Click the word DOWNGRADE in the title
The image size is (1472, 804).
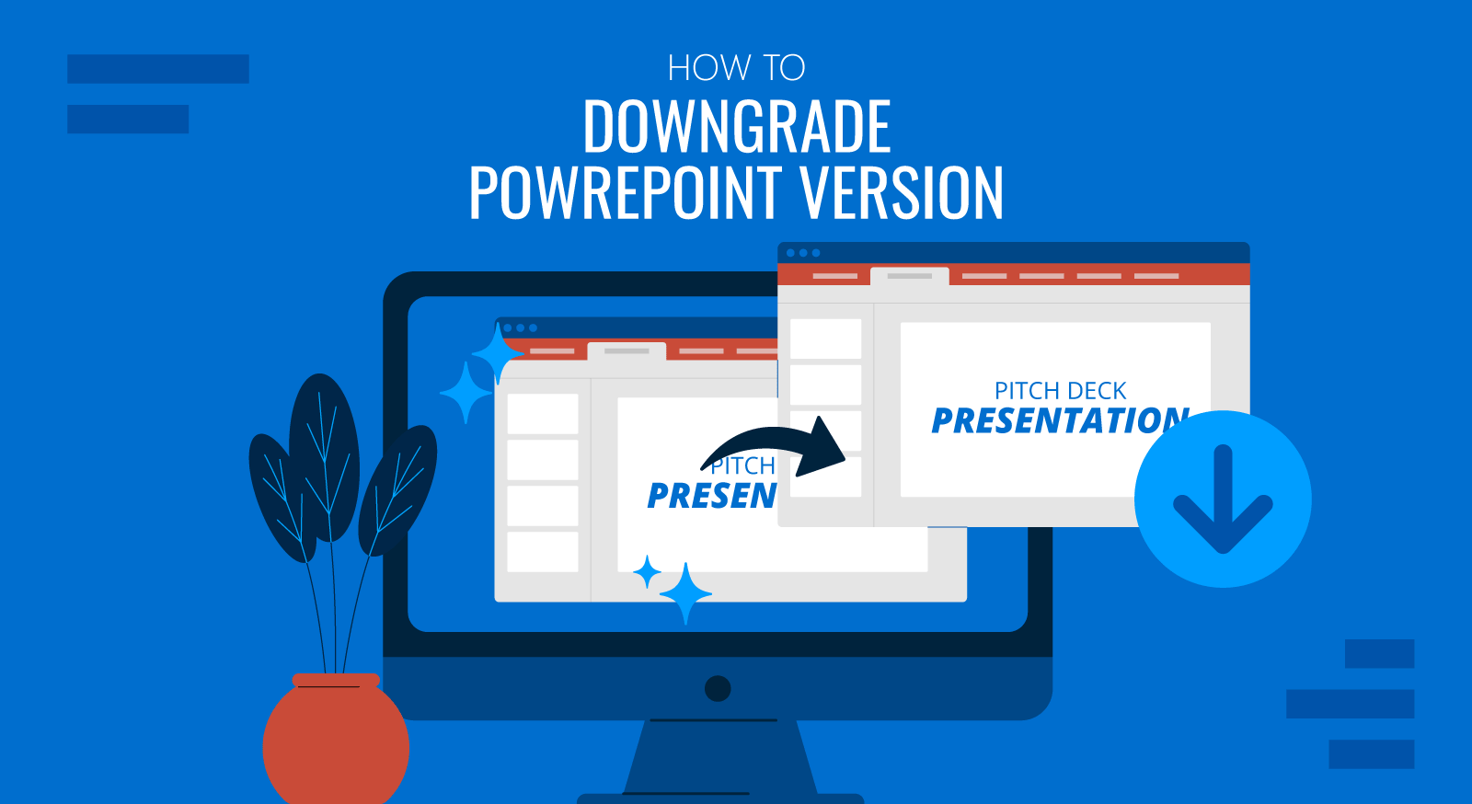coord(737,126)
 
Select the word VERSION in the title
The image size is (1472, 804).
coord(902,192)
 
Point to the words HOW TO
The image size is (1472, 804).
coord(736,68)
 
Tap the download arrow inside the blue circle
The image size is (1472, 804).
coord(1223,499)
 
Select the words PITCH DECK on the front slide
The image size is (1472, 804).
coord(1060,391)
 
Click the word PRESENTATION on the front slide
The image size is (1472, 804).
coord(1060,421)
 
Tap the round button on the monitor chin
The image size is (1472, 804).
coord(718,688)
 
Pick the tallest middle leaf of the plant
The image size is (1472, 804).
coord(325,456)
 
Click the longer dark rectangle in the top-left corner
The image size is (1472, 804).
coord(157,69)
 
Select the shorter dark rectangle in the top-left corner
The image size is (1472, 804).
coord(128,119)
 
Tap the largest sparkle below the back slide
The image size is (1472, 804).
coord(685,593)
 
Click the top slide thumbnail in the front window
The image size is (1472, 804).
coord(825,339)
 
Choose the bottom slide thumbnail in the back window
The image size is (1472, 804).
coord(543,552)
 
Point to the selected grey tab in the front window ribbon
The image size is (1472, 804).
coord(910,276)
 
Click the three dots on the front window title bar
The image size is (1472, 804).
coord(803,253)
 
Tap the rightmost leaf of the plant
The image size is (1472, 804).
coord(397,490)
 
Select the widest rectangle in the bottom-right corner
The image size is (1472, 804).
coord(1350,704)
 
